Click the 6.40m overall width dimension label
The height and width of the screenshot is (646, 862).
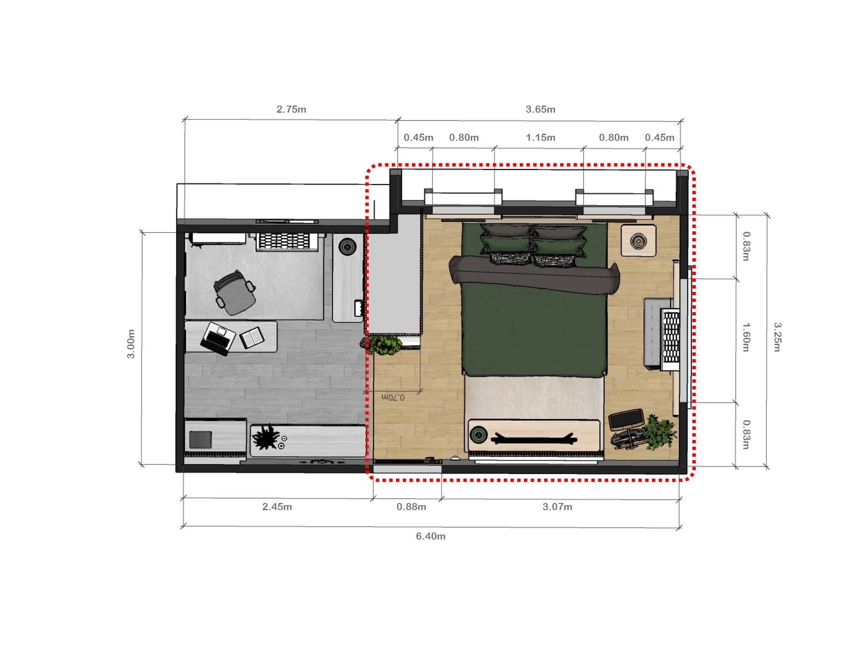(x=430, y=536)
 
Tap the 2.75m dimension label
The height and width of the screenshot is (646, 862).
(x=291, y=109)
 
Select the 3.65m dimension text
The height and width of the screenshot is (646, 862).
(x=540, y=109)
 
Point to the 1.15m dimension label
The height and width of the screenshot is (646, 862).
(x=540, y=138)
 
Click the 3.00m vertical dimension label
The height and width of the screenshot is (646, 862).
(x=131, y=344)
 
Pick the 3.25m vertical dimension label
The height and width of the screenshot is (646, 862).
(x=777, y=337)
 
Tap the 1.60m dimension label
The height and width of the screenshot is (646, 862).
(x=746, y=337)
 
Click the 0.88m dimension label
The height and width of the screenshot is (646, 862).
(x=411, y=507)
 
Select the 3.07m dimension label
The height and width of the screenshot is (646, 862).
(x=557, y=507)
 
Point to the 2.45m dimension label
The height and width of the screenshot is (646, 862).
(x=277, y=507)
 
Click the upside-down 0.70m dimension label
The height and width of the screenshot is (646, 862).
(x=393, y=397)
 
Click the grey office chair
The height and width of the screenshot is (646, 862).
(x=234, y=293)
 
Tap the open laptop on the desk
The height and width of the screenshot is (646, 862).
(x=218, y=338)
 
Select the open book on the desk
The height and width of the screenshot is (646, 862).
(x=252, y=337)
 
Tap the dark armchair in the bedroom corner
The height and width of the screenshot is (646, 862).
(x=626, y=421)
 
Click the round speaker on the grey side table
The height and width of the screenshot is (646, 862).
(x=348, y=247)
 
